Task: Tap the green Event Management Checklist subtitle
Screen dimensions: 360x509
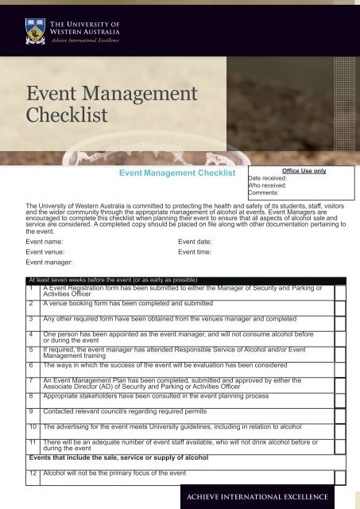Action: click(x=177, y=173)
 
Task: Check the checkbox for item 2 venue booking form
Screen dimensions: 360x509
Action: click(x=340, y=304)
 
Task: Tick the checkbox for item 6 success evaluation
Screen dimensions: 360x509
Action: click(x=340, y=366)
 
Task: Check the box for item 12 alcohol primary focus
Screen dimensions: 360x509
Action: click(x=340, y=476)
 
